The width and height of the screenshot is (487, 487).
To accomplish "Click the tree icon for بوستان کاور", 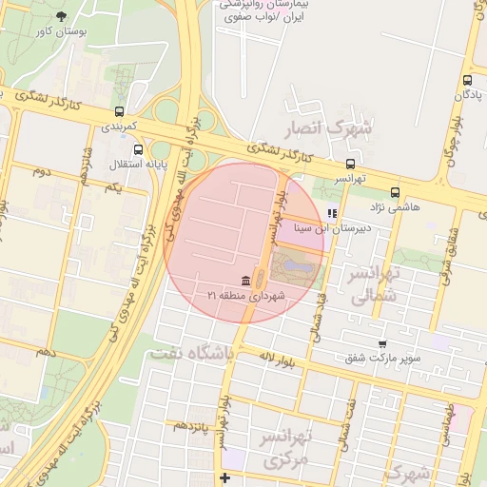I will pos(62,16).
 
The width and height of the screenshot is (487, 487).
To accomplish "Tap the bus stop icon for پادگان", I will pos(467,81).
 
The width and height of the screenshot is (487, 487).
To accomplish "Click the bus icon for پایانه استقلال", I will pos(140,149).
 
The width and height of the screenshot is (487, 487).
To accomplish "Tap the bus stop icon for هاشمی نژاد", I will pos(394,192).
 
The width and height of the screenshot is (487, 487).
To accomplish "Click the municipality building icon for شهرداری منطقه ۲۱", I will pos(247,281).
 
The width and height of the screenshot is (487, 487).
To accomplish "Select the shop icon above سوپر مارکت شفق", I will pos(382,344).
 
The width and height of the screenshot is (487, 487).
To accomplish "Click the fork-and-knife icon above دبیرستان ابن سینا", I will pos(331,214).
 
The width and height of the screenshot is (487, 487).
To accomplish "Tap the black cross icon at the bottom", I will pos(224,477).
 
